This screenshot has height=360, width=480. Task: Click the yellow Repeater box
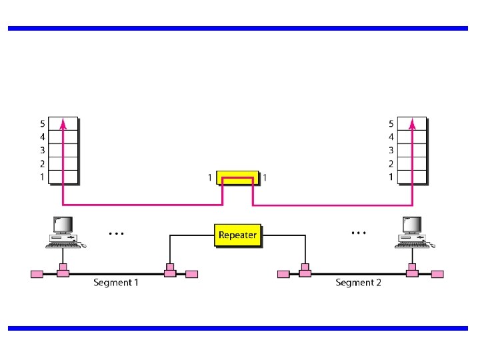click(237, 235)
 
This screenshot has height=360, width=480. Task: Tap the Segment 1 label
click(116, 283)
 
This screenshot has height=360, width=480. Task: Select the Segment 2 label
click(358, 283)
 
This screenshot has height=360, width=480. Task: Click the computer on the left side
click(65, 233)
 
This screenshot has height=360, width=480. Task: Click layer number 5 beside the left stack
click(42, 123)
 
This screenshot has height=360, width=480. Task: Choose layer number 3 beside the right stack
click(391, 150)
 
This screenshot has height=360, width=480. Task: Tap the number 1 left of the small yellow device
click(209, 177)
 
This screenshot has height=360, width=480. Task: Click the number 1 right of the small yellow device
click(265, 177)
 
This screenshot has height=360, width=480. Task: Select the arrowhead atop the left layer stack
click(63, 123)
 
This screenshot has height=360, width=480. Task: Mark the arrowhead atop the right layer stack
click(412, 123)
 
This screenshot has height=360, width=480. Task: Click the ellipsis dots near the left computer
click(116, 234)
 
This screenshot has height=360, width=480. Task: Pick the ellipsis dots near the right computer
click(359, 233)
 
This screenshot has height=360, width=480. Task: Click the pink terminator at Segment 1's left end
click(37, 274)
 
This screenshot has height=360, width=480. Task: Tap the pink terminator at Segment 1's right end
click(191, 274)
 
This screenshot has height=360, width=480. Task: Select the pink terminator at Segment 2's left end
click(283, 274)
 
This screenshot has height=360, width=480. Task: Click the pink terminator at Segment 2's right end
click(437, 274)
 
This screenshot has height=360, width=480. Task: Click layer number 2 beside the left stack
click(42, 163)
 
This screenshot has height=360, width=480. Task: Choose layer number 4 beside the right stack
click(391, 137)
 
